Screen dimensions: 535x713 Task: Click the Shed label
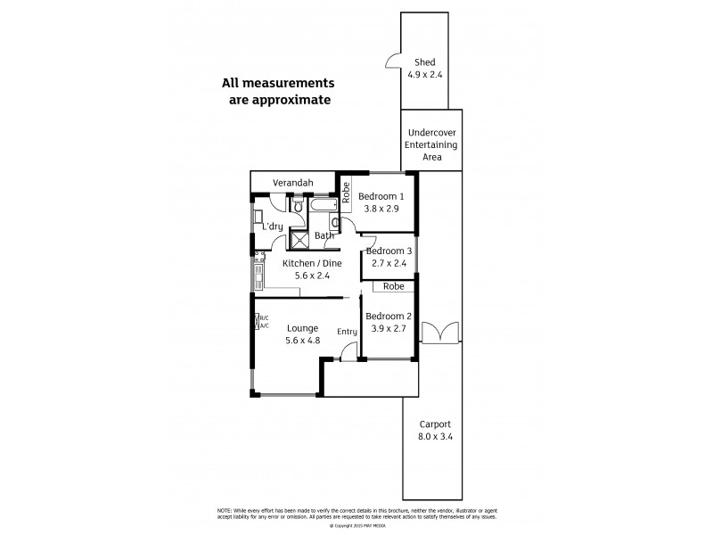(424, 62)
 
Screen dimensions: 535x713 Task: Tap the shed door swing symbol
(392, 61)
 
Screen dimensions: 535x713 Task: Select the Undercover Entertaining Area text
(431, 144)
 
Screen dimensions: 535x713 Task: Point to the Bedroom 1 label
(381, 197)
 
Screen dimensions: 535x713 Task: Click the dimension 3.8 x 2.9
(381, 210)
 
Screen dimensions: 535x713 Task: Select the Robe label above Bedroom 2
(393, 287)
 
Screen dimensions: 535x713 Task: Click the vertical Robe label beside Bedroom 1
(345, 193)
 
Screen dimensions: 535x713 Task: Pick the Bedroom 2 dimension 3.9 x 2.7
(389, 328)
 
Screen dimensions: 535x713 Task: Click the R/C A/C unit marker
(262, 322)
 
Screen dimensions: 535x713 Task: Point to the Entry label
(347, 333)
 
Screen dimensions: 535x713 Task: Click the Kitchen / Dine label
(312, 264)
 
